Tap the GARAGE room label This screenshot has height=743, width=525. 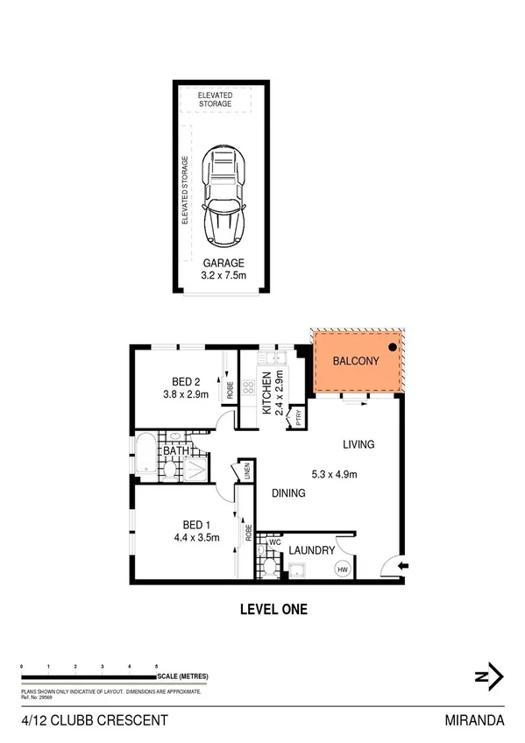(x=223, y=263)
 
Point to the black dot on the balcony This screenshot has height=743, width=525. (x=393, y=348)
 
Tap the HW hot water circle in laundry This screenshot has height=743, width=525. (x=340, y=569)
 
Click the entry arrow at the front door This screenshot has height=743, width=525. (x=401, y=567)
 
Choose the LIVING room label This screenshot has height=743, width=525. (x=358, y=444)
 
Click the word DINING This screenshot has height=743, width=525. (x=287, y=493)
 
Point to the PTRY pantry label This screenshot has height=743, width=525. (x=300, y=415)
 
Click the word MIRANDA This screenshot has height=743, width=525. (x=474, y=721)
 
